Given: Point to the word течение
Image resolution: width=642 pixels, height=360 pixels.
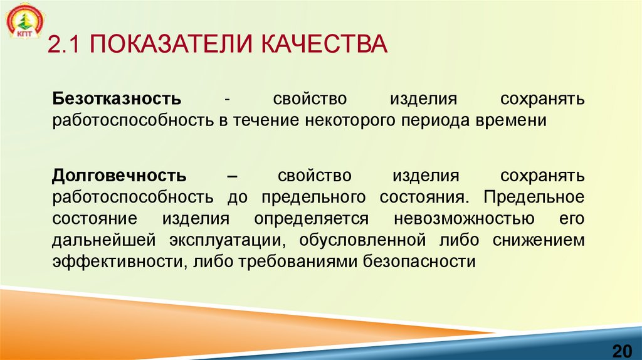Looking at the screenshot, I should coord(266,120).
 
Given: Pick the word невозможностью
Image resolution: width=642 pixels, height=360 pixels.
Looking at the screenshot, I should coord(464,218).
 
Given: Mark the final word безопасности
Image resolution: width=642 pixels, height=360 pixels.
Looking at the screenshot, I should coord(419,262).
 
